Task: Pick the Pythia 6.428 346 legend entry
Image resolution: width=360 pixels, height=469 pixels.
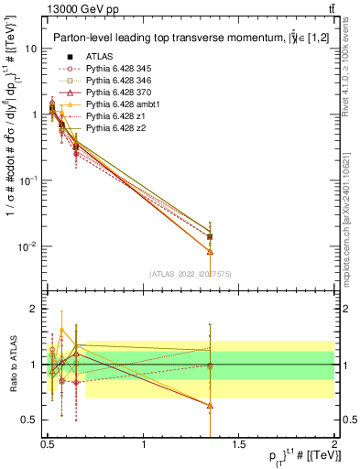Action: tap(116, 80)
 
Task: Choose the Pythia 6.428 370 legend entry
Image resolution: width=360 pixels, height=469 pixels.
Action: tap(116, 93)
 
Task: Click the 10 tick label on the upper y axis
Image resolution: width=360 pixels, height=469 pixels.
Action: tap(30, 49)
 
